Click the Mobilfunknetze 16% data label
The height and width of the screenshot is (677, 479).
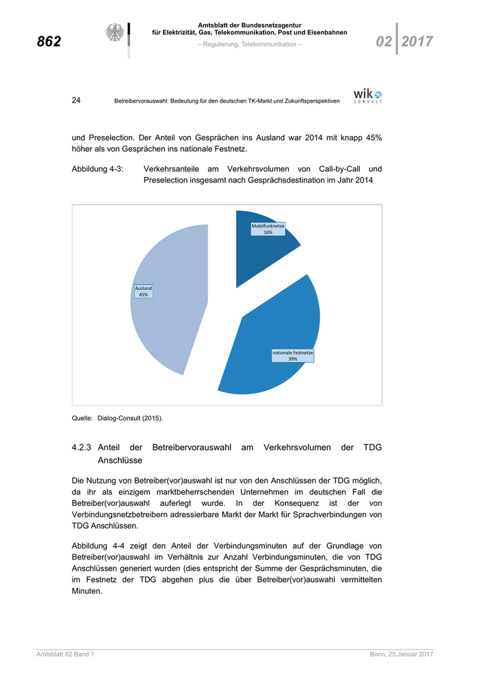[268, 229]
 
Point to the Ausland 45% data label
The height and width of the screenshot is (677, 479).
[144, 291]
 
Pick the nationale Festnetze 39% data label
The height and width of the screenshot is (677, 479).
[293, 356]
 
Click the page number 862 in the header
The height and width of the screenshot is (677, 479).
[49, 42]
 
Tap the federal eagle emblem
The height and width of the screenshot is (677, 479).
[115, 34]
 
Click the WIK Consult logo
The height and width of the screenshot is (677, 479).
[367, 95]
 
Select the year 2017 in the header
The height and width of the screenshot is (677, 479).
[417, 42]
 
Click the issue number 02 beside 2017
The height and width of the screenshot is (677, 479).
[384, 42]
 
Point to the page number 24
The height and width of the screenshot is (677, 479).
[77, 101]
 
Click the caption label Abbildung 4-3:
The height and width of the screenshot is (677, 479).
[97, 168]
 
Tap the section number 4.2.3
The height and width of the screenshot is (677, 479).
[83, 447]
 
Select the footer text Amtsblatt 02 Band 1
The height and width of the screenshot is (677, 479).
[65, 655]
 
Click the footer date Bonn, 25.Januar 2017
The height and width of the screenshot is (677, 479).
[397, 655]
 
